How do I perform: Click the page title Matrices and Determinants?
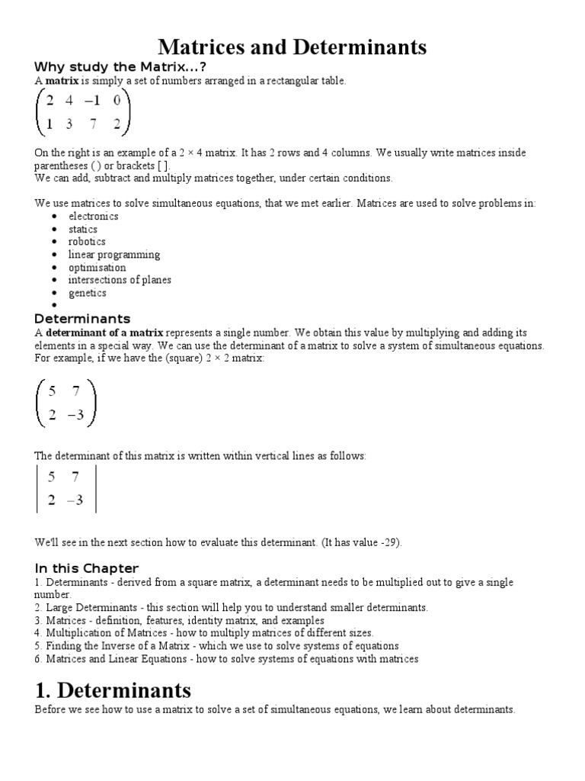click(292, 47)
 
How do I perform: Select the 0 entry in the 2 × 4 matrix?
click(117, 100)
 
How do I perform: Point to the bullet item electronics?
click(93, 216)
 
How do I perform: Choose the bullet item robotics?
click(87, 242)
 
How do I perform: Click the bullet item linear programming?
click(114, 255)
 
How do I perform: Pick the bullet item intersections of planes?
click(120, 280)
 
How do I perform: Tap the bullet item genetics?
click(88, 293)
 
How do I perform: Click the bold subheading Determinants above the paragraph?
click(83, 319)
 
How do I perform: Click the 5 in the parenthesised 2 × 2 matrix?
click(52, 393)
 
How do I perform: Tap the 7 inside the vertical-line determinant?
click(75, 477)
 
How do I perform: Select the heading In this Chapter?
click(87, 568)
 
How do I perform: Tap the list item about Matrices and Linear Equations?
click(226, 659)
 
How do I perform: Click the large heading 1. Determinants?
click(113, 690)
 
